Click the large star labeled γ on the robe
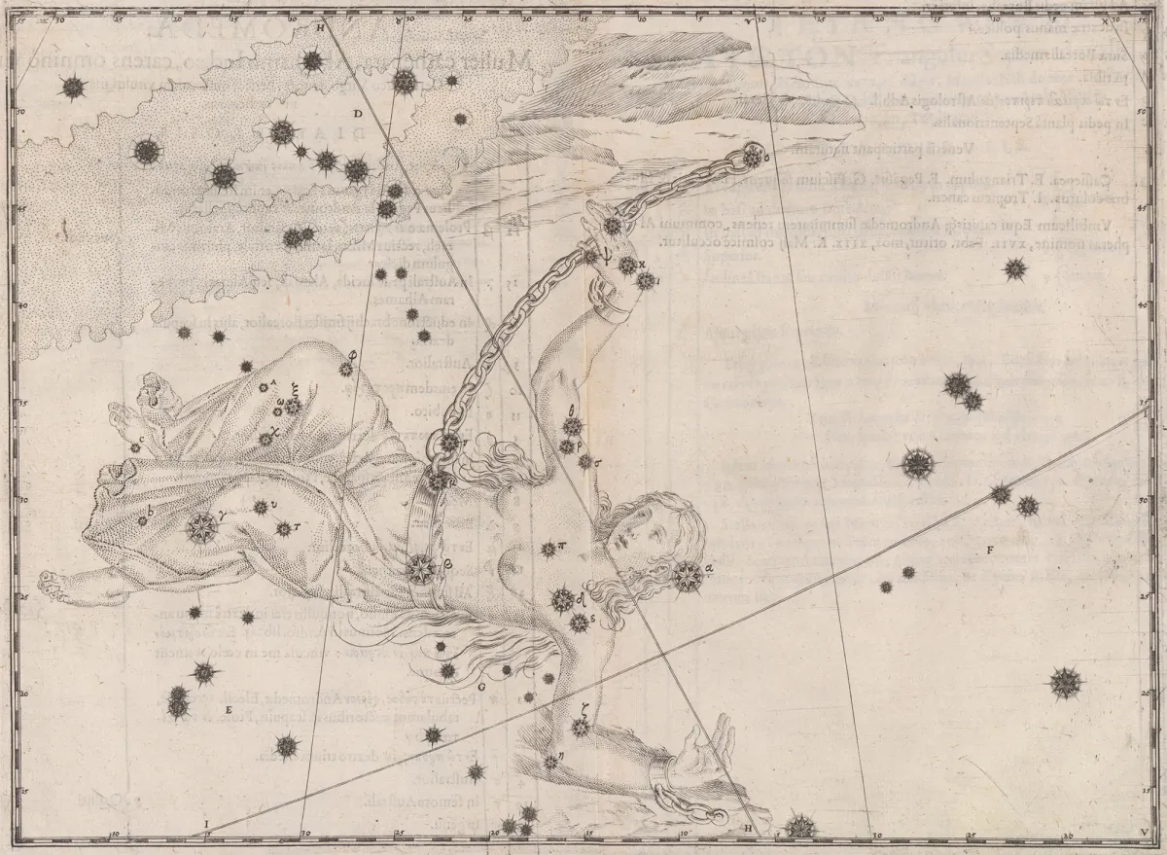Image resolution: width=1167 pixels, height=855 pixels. point(202,527)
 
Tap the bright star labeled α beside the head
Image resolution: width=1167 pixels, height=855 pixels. point(688,574)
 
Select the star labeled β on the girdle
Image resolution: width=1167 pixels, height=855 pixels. point(422,567)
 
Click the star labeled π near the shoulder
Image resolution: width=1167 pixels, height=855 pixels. point(548,548)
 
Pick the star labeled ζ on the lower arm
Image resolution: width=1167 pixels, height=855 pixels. point(581,727)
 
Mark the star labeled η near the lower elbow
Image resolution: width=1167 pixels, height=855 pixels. point(550,761)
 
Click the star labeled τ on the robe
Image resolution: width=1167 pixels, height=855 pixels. point(283,529)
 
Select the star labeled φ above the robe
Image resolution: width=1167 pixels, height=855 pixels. point(345,370)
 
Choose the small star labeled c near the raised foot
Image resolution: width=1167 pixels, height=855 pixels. point(135,447)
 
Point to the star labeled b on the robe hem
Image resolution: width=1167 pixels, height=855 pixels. point(143,520)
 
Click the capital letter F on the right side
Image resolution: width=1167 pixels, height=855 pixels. point(989,552)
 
